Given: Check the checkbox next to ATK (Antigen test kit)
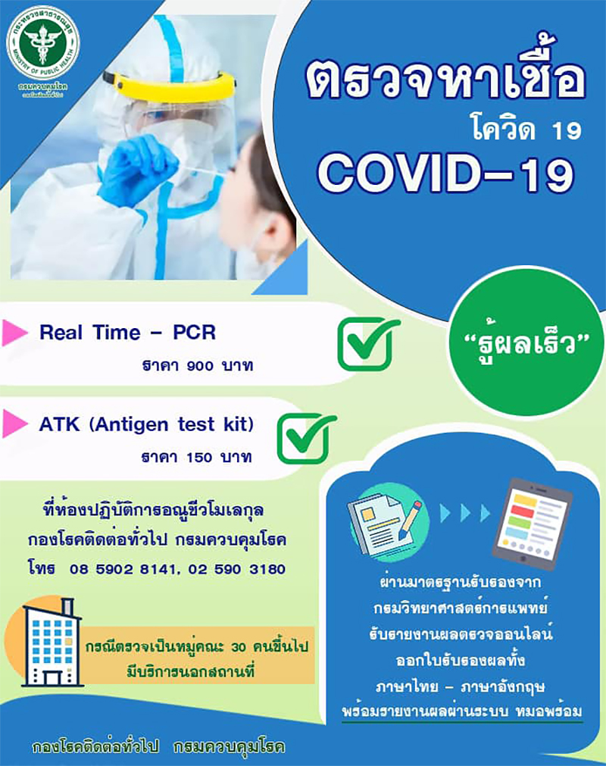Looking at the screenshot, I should pos(306,439).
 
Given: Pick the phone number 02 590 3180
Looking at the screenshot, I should pos(238,568).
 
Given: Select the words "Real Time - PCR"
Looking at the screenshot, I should pos(127,333).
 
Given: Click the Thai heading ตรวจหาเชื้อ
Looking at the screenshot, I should pos(445,82).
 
